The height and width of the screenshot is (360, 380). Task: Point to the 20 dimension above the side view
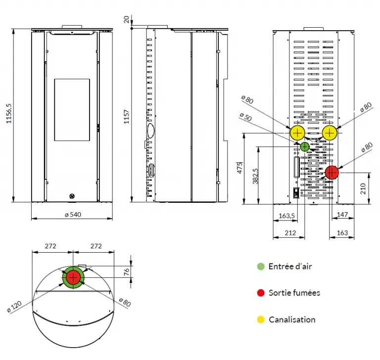point(127,19)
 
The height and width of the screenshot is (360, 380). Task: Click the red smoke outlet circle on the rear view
point(332,173)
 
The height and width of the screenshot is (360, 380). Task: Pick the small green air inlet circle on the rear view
point(304,146)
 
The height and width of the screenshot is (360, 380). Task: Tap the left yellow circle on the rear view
point(297,133)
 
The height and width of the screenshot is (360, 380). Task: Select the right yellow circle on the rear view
point(330,133)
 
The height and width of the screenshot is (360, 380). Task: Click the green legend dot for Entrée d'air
point(261,267)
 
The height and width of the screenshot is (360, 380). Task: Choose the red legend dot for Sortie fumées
point(261,293)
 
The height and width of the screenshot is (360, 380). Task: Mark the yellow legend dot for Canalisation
point(261,319)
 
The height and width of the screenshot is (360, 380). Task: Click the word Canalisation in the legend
point(292,319)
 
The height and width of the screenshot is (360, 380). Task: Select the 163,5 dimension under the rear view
point(286,216)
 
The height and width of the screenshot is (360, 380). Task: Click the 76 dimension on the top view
point(126,271)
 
